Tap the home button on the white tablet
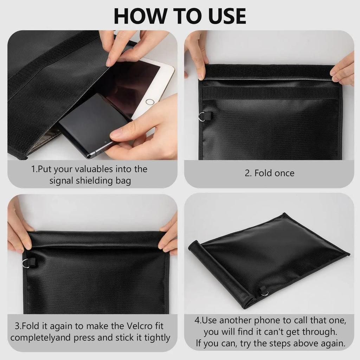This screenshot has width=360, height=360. coord(150,102)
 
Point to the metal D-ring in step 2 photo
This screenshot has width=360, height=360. coord(201,116)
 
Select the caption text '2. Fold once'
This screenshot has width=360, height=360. coord(269,173)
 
